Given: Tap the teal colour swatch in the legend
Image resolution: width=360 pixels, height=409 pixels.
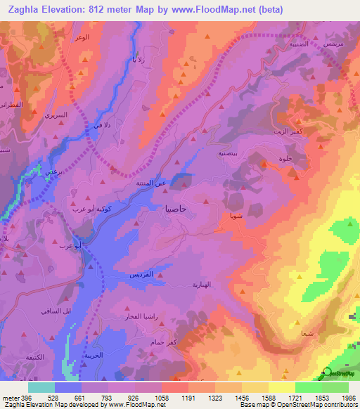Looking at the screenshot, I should (41, 387).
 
